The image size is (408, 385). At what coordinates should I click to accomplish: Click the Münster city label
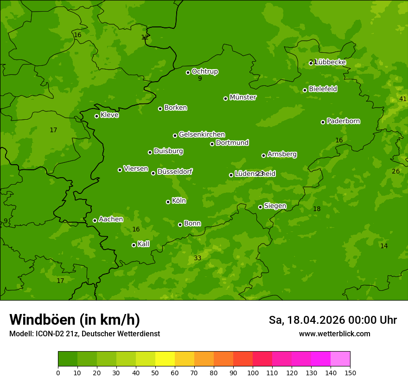pyautogui.click(x=242, y=97)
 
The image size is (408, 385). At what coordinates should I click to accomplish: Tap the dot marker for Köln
pyautogui.click(x=168, y=202)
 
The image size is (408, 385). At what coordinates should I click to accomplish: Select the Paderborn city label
pyautogui.click(x=343, y=121)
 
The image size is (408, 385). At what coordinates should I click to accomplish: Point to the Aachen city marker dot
pyautogui.click(x=95, y=220)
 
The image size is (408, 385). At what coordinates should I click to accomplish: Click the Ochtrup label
pyautogui.click(x=204, y=71)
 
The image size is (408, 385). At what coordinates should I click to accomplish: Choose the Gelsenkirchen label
pyautogui.click(x=202, y=135)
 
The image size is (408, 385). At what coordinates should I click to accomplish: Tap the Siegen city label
pyautogui.click(x=275, y=206)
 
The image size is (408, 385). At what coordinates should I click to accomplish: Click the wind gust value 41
pyautogui.click(x=402, y=99)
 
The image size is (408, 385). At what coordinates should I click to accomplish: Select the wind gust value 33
pyautogui.click(x=198, y=258)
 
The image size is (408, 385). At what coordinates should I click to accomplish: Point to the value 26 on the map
pyautogui.click(x=395, y=171)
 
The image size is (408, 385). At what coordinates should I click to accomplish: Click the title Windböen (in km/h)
pyautogui.click(x=75, y=320)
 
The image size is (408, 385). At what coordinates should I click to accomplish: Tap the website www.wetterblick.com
pyautogui.click(x=334, y=334)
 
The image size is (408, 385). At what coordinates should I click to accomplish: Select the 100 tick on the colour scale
pyautogui.click(x=253, y=372)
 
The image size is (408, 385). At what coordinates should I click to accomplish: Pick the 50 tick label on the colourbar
pyautogui.click(x=155, y=372)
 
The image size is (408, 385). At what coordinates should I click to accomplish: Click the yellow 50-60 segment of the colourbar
pyautogui.click(x=165, y=359)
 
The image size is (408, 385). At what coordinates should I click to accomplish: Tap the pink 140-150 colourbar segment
pyautogui.click(x=340, y=359)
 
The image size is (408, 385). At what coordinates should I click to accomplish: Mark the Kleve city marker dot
pyautogui.click(x=96, y=116)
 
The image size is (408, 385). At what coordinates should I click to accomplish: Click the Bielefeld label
pyautogui.click(x=323, y=89)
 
